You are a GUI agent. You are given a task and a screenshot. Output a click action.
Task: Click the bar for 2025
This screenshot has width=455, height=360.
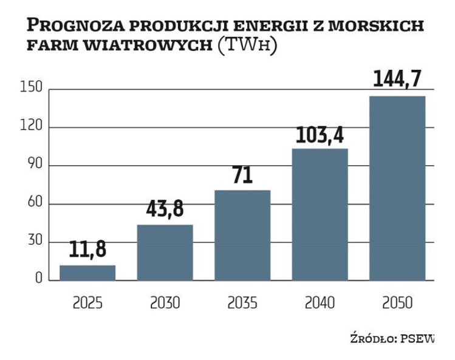click(x=87, y=273)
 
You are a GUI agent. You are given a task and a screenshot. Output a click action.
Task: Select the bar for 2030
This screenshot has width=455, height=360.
click(x=165, y=253)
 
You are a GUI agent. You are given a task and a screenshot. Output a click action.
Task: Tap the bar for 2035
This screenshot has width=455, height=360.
click(x=242, y=235)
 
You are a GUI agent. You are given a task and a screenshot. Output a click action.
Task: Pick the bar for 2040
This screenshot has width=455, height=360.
click(x=320, y=214)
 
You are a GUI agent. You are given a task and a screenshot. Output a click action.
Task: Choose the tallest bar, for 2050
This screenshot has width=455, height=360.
click(x=397, y=188)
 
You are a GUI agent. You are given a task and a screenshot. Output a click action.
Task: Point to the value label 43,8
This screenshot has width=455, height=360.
click(x=165, y=209)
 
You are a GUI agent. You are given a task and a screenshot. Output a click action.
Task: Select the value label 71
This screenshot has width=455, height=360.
click(x=242, y=175)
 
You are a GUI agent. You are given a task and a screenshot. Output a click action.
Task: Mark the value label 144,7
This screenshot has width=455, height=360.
click(x=397, y=80)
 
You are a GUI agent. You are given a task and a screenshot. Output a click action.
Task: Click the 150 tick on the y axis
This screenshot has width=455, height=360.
click(x=31, y=89)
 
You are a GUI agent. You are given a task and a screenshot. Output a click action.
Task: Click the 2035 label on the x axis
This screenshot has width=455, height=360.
click(x=242, y=302)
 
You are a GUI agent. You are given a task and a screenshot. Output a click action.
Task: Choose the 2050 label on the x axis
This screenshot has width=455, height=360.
click(x=397, y=302)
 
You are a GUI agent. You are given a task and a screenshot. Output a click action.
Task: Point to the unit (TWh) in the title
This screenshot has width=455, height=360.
click(x=247, y=45)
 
